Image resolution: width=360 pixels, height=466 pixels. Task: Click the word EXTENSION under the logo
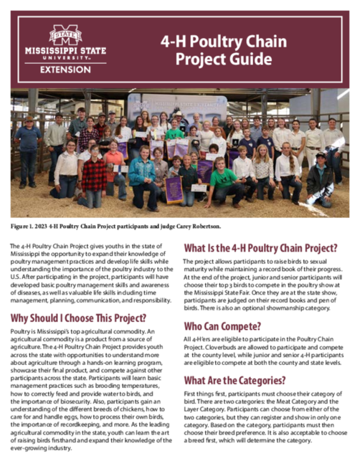65,69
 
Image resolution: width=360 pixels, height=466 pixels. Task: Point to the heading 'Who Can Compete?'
226,325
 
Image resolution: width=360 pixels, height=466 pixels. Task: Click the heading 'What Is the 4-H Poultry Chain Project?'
261,249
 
